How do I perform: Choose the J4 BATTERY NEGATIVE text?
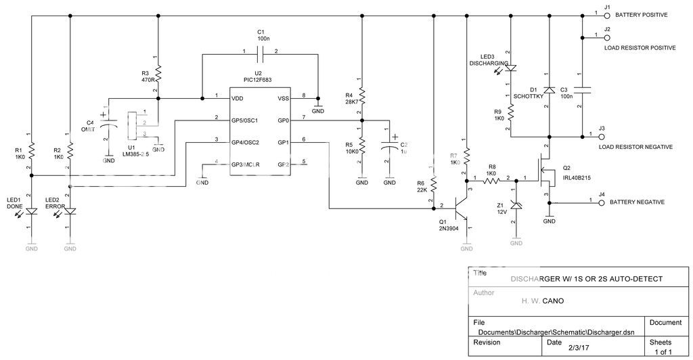[x=637, y=202]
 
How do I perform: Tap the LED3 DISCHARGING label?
[x=489, y=60]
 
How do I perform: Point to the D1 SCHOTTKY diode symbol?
[x=549, y=89]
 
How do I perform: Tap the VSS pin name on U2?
[x=283, y=98]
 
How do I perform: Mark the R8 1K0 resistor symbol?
[x=491, y=181]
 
